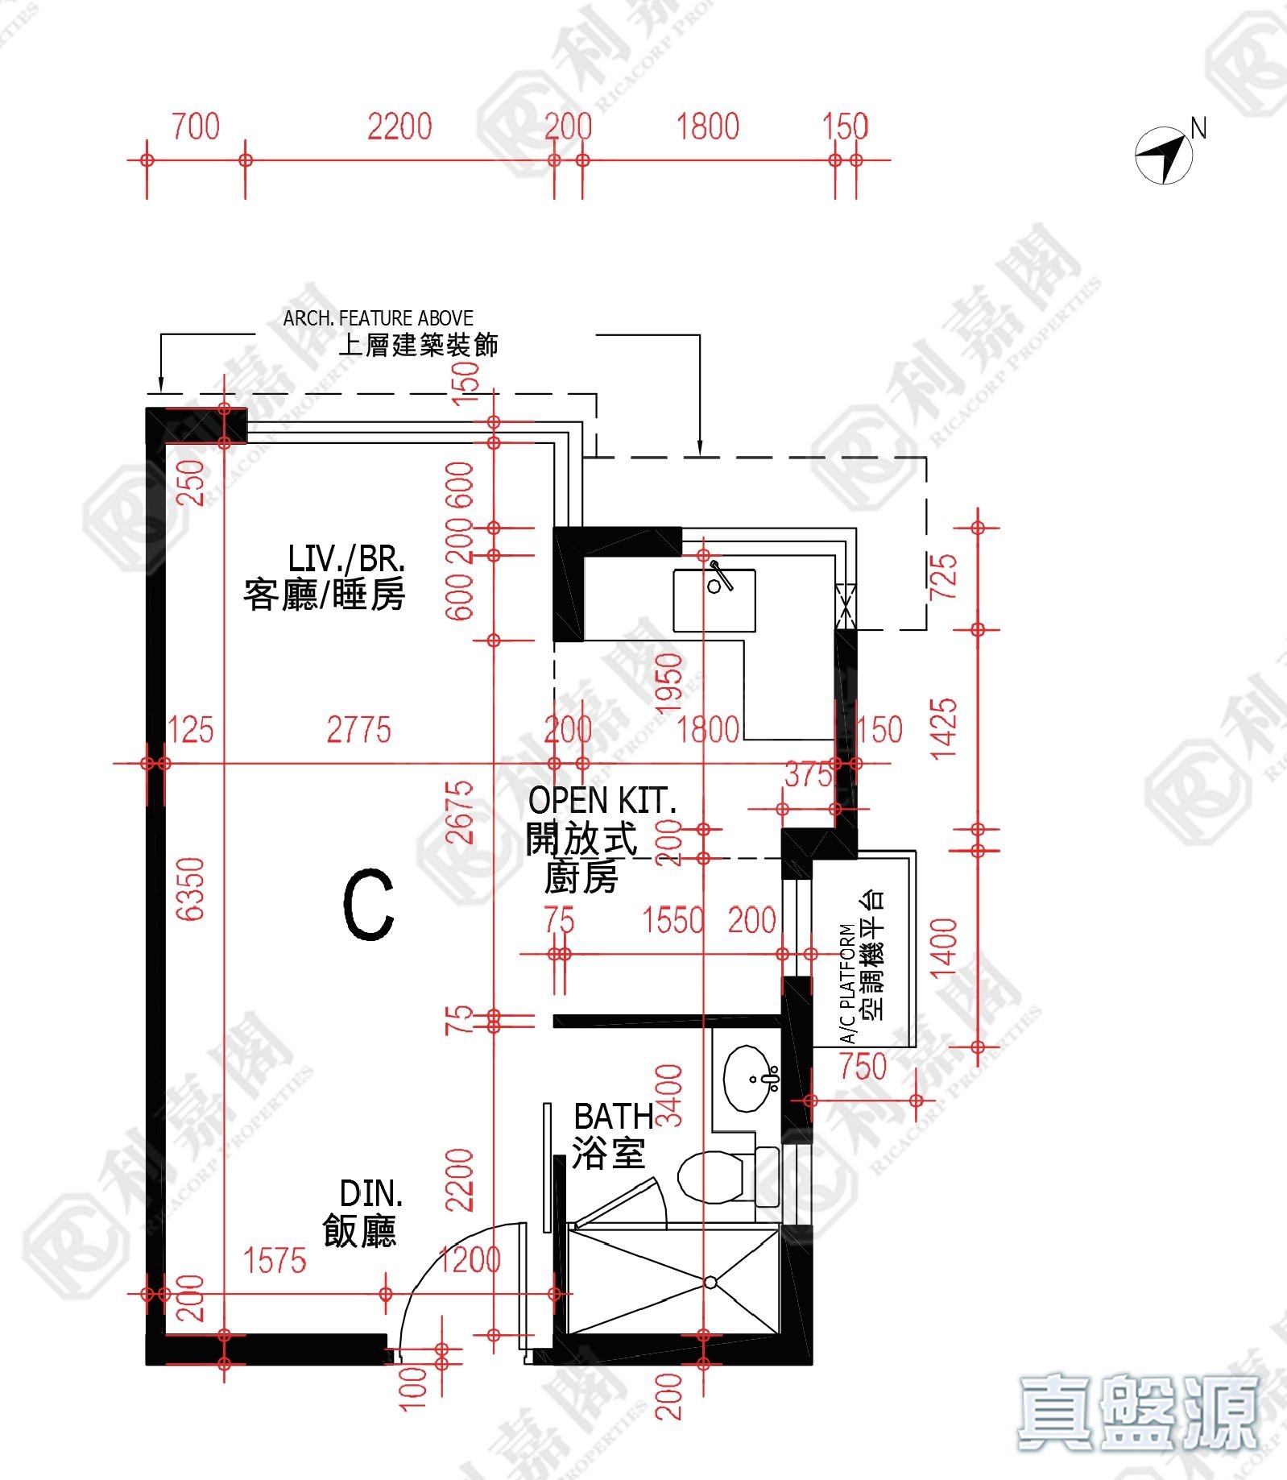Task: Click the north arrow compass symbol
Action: (x=1164, y=155)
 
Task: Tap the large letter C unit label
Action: (x=369, y=904)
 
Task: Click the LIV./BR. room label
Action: (x=346, y=558)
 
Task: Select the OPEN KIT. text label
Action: (x=602, y=801)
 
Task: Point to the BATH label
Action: (x=613, y=1117)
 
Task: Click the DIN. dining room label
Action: (x=371, y=1193)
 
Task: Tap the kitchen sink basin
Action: (x=714, y=600)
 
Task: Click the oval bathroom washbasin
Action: (x=751, y=1079)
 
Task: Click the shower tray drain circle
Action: (x=710, y=1282)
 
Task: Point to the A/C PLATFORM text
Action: (x=847, y=984)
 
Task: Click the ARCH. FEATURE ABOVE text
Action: (x=378, y=318)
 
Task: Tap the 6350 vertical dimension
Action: (x=191, y=889)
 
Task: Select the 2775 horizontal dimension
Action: (x=358, y=730)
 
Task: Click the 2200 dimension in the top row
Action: (x=399, y=127)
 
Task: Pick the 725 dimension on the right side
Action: (x=943, y=576)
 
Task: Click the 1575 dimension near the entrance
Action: (x=275, y=1261)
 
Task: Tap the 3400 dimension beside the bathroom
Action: (x=669, y=1095)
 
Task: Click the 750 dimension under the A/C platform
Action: (x=863, y=1067)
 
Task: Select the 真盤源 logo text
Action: (x=1138, y=1412)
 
